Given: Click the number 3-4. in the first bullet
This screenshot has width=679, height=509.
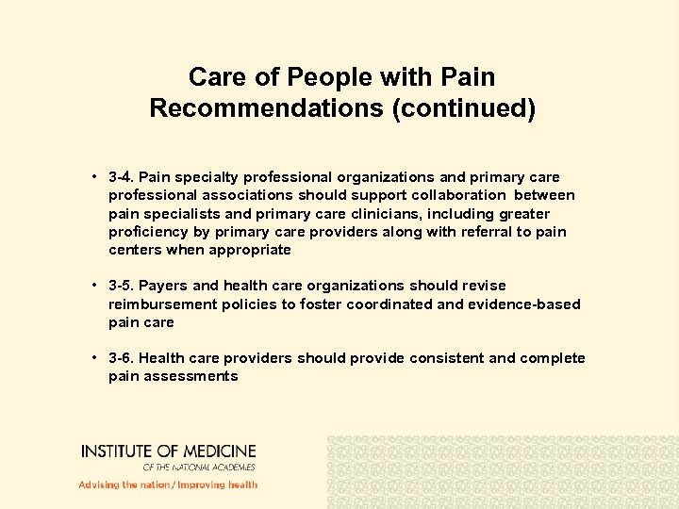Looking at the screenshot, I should [121, 177].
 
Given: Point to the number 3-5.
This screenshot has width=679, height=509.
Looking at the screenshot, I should [121, 286].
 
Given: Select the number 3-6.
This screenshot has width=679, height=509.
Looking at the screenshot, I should [121, 358].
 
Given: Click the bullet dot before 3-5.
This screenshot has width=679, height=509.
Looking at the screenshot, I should [96, 286].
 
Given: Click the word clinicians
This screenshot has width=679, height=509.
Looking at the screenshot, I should [353, 214].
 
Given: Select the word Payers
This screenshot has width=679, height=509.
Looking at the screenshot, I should [164, 286].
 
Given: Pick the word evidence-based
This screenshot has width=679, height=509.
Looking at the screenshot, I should [527, 304].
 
